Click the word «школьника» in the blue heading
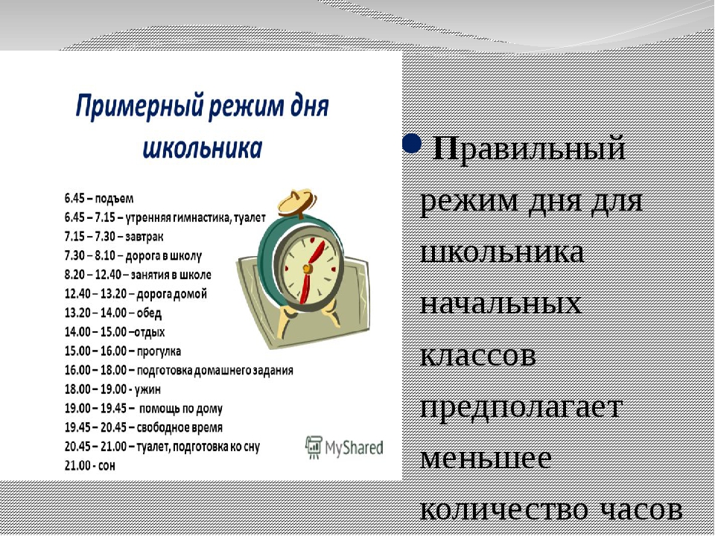203,149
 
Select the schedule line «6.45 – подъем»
99,199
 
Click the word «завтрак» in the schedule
144,237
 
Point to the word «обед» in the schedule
149,313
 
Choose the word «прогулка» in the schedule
159,351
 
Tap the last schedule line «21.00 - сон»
90,466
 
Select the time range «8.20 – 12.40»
93,275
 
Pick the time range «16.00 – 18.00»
96,370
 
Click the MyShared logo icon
314,447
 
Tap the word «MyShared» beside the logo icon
354,447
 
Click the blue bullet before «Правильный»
411,144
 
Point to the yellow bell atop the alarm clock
297,203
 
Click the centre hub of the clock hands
308,269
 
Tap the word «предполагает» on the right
521,407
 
